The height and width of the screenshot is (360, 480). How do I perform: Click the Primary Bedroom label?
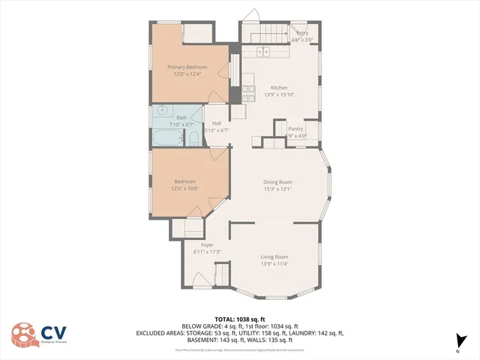coord(187,67)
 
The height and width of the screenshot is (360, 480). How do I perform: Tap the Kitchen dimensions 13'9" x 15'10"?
coord(279,94)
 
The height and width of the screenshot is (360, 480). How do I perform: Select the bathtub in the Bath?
coord(166,138)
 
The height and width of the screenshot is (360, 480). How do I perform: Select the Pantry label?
coord(295,129)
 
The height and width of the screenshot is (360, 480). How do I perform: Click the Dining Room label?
coord(277,182)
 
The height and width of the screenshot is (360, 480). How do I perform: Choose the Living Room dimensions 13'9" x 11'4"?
coord(274,264)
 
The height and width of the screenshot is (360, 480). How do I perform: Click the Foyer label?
coord(207,245)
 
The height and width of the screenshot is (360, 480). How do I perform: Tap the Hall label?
coord(217,123)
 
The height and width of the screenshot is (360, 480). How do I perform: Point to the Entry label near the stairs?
coord(302,33)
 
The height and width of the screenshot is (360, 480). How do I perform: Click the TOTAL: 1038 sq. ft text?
coord(239,319)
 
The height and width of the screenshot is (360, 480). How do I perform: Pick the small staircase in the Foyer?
coord(222,277)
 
